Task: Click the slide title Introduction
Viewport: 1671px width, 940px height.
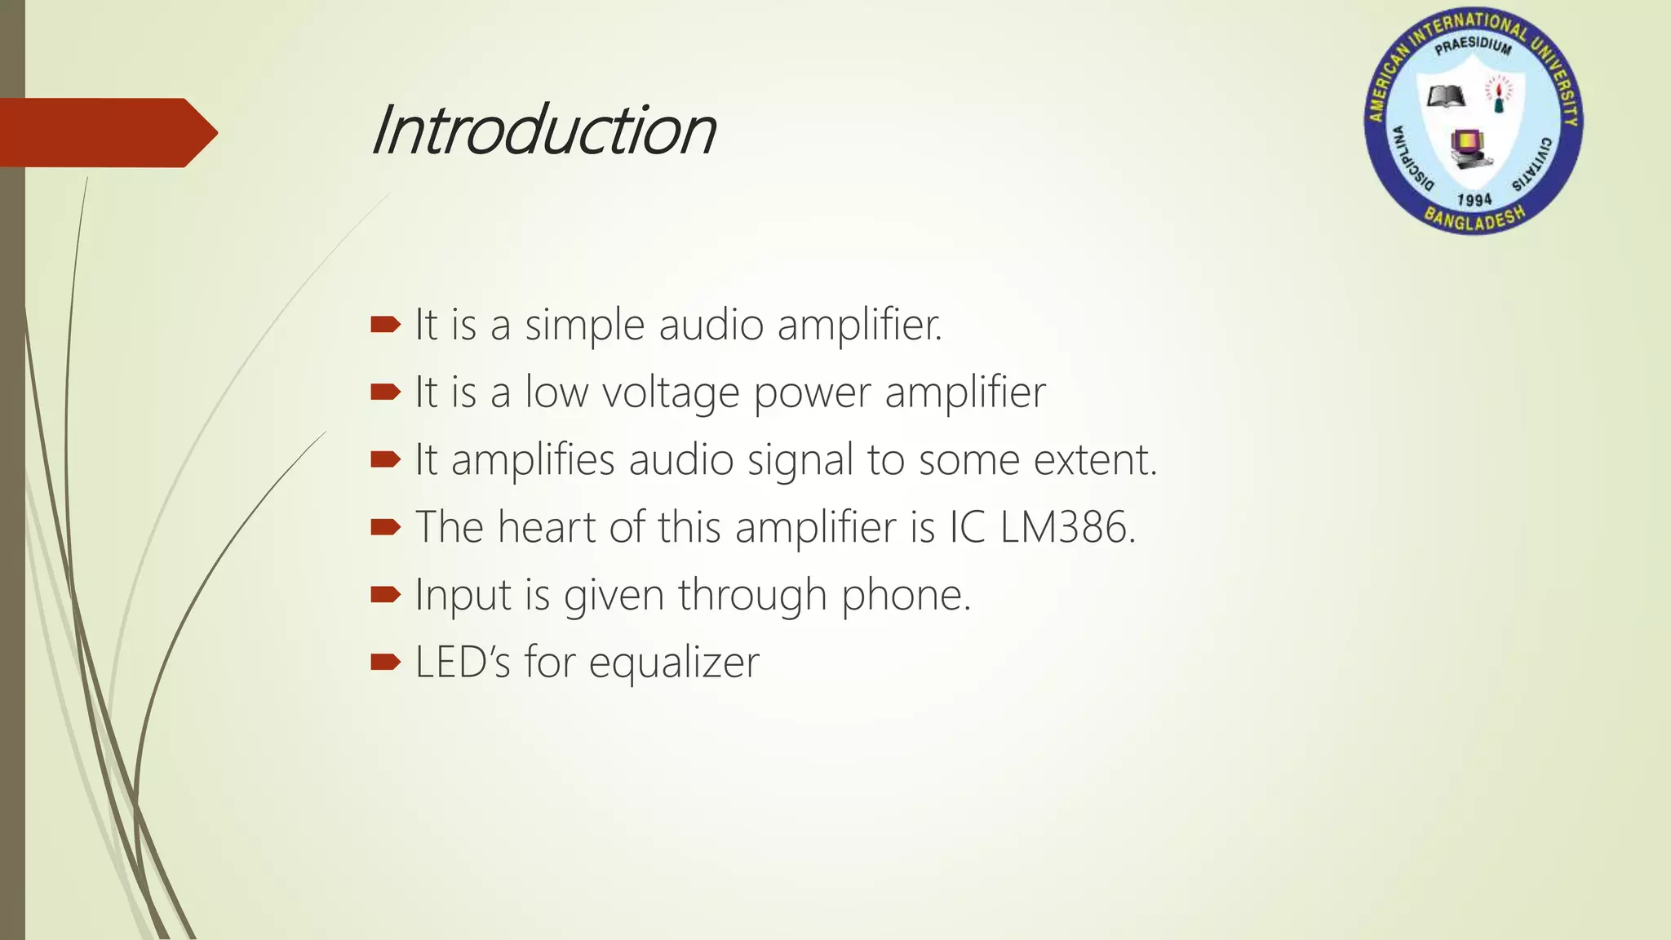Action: (543, 131)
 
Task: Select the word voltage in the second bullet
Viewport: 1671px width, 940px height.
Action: (671, 392)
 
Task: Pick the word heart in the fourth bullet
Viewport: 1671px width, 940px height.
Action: (547, 527)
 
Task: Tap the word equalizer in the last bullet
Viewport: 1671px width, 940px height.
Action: (674, 663)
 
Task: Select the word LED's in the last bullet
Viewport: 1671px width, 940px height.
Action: (463, 662)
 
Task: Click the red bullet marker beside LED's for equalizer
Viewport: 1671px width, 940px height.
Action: (385, 662)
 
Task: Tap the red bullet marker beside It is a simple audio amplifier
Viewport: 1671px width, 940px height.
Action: (385, 326)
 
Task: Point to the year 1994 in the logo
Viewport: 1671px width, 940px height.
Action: (1474, 200)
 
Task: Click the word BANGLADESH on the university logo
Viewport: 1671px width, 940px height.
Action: (1474, 219)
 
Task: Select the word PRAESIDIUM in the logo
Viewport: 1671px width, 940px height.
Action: (1473, 46)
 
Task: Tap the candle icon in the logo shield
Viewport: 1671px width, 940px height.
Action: (1498, 95)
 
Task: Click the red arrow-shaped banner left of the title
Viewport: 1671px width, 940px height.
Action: (106, 132)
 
